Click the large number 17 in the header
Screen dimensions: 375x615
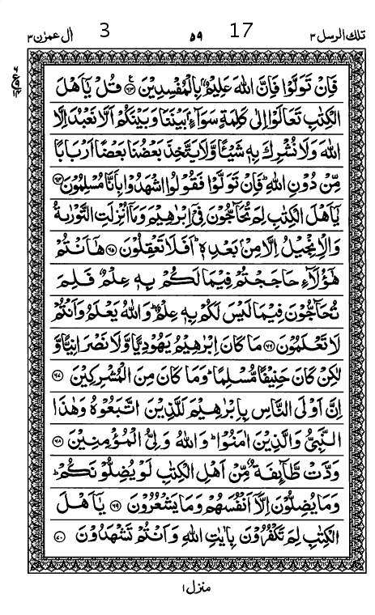click(x=241, y=32)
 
